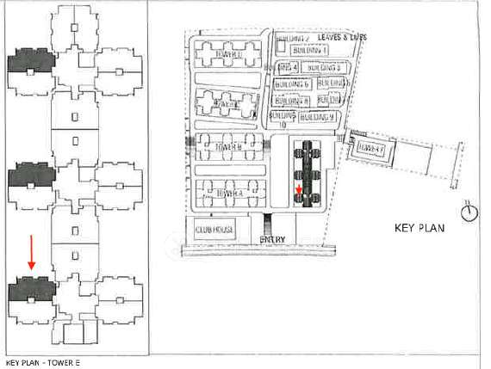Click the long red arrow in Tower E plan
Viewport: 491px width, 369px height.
point(31,254)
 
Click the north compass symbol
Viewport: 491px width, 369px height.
point(469,211)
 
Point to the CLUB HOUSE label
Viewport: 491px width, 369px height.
point(215,231)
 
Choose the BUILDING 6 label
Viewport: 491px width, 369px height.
point(292,84)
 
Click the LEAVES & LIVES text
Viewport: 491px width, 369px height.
point(343,38)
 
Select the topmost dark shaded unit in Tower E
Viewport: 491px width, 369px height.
point(31,62)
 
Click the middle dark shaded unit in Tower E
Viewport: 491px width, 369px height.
point(31,175)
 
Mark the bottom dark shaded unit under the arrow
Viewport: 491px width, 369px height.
point(31,290)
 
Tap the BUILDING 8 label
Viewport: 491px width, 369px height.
point(292,100)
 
